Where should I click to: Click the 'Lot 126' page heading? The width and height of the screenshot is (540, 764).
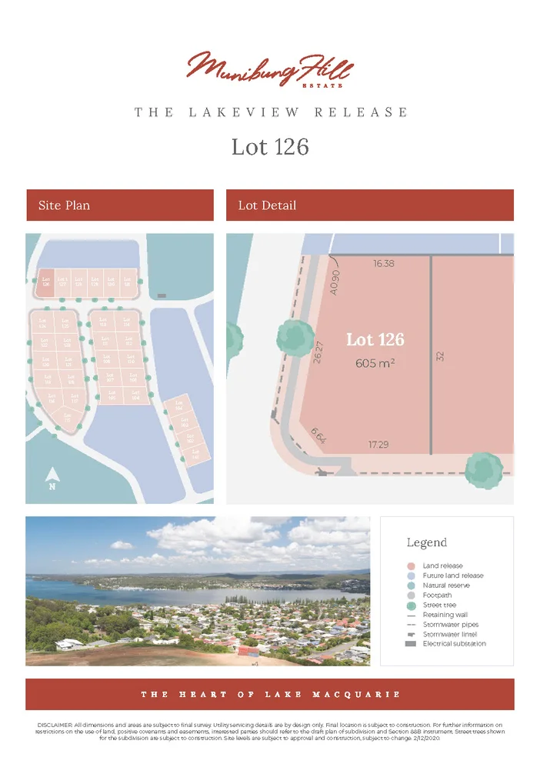270,146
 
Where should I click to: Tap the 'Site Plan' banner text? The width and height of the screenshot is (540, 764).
64,205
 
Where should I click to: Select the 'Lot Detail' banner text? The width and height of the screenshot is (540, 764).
267,205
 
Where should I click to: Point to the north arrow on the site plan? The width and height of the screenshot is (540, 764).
52,478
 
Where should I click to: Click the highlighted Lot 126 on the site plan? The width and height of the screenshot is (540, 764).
45,282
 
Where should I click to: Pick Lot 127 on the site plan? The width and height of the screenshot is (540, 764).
62,282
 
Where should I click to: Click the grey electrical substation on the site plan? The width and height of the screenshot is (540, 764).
162,295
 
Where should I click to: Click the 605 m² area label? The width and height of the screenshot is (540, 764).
375,363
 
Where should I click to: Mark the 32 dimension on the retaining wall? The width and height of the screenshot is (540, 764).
441,358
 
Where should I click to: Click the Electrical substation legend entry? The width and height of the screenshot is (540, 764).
454,643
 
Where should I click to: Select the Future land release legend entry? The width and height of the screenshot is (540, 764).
453,576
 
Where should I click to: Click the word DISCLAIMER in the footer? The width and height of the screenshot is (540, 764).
54,726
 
